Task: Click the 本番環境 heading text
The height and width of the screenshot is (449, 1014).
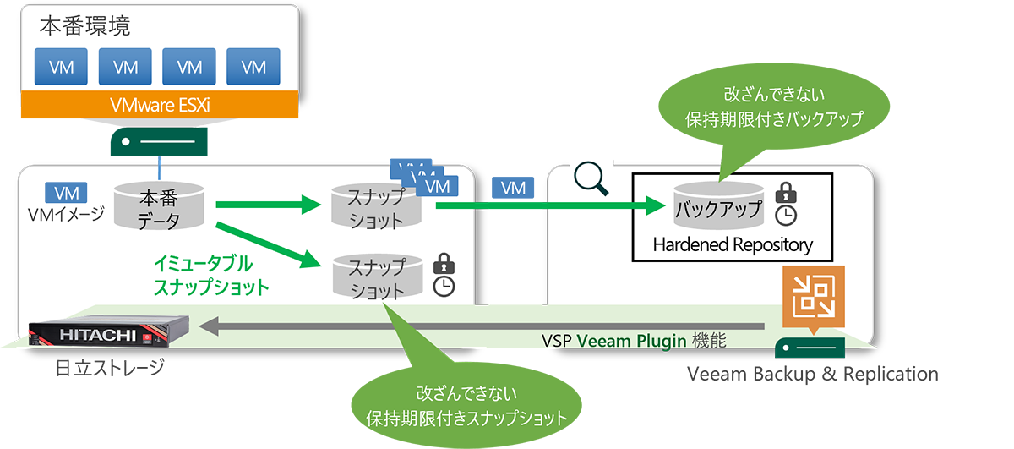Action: click(x=84, y=26)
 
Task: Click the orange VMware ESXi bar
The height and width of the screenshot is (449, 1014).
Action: click(x=160, y=105)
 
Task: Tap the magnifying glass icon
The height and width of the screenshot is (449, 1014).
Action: click(x=591, y=178)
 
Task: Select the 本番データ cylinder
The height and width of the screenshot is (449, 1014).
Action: click(x=159, y=206)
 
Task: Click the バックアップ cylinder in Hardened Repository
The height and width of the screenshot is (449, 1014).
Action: click(x=719, y=205)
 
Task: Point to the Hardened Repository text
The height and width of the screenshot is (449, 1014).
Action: click(x=733, y=244)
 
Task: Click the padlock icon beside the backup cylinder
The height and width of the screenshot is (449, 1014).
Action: click(x=786, y=193)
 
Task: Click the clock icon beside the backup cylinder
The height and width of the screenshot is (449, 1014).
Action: click(x=786, y=216)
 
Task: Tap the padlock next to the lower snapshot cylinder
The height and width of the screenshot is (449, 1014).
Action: click(x=444, y=263)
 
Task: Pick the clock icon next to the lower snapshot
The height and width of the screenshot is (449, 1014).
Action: click(x=444, y=287)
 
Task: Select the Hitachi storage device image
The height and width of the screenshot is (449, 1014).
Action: click(x=109, y=331)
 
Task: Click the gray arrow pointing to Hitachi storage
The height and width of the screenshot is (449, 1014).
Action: click(x=482, y=326)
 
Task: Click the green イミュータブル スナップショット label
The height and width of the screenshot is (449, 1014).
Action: click(x=211, y=276)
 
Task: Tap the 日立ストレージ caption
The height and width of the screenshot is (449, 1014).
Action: click(x=110, y=368)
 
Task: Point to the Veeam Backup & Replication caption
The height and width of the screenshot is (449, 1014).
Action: click(x=813, y=375)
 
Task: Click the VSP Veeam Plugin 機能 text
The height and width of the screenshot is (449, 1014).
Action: click(x=634, y=341)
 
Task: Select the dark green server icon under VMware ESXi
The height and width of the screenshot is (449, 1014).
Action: click(x=159, y=141)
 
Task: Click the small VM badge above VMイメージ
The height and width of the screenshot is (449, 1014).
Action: click(x=66, y=193)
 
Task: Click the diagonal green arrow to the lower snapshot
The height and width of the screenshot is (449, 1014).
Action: click(x=269, y=245)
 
